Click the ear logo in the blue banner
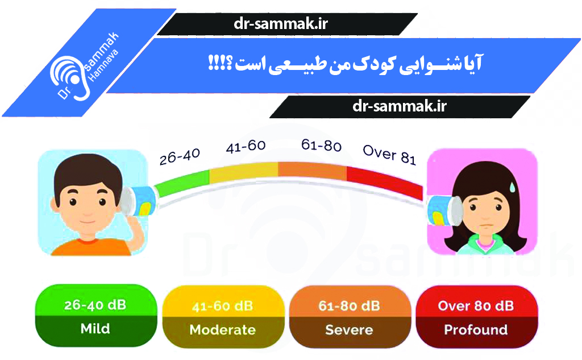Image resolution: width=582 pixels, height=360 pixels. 70,78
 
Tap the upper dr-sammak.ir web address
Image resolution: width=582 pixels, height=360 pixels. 281,24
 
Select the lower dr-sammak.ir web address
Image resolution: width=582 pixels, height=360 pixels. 400,106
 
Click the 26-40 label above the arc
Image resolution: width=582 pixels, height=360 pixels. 180,156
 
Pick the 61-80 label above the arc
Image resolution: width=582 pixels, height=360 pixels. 322,145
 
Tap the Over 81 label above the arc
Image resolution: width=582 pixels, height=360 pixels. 389,154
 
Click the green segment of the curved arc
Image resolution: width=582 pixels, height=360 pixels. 182,183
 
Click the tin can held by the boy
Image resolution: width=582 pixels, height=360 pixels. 138,201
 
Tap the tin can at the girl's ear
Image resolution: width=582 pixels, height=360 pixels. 445,210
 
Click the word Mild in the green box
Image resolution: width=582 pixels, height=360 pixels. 95,328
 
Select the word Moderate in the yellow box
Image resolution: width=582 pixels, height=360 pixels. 223,330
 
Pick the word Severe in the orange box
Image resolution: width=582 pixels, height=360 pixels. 350,330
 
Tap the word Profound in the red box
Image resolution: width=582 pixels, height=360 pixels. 476,330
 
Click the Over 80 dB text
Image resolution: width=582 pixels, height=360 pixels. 476,306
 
